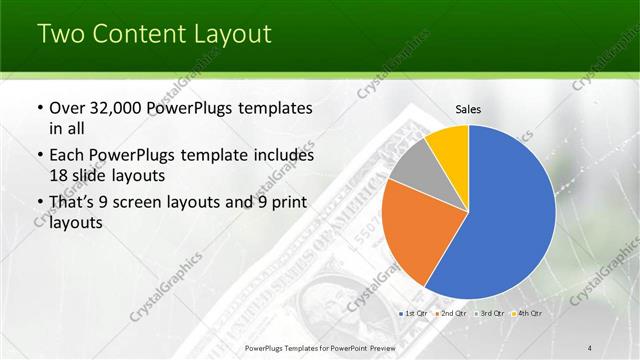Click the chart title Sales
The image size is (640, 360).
(x=468, y=109)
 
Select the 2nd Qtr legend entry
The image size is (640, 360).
(x=451, y=314)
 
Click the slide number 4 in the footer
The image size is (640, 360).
(x=590, y=347)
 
